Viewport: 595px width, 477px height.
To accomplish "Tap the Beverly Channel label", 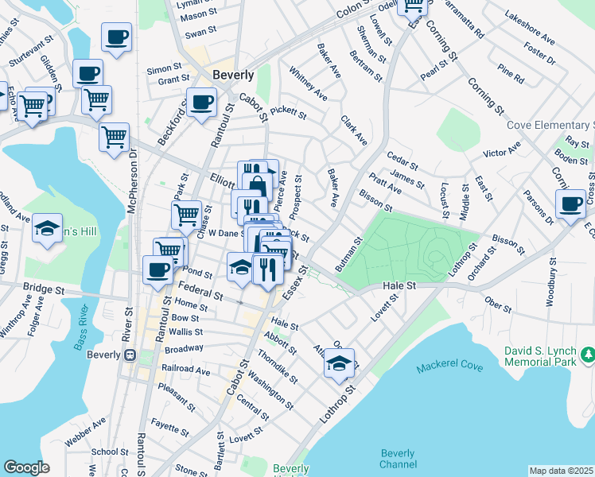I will pos(398,459).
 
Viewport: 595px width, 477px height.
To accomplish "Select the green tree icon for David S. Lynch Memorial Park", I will pos(587,352).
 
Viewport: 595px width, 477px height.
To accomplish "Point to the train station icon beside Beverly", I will pos(133,355).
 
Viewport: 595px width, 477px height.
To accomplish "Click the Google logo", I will pos(26,467).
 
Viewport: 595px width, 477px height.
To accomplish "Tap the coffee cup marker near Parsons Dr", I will pos(570,204).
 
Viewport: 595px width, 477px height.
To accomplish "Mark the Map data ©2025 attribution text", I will pos(561,471).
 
